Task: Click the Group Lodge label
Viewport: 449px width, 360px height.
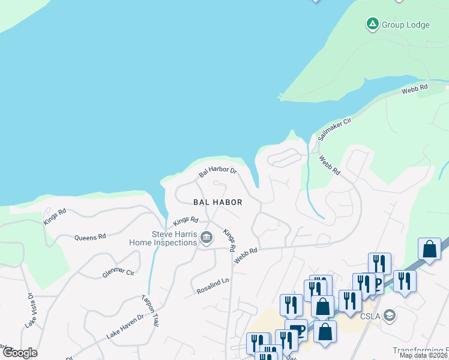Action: point(406,25)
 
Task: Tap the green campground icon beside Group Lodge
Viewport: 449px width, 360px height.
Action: point(372,24)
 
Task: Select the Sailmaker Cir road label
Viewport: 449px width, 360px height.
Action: point(334,129)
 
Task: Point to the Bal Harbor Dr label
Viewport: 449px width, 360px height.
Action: point(218,172)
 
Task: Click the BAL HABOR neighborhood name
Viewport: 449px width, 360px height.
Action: point(217,202)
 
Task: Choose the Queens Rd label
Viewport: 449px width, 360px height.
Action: point(90,237)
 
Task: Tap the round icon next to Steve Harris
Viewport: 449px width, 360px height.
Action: point(206,238)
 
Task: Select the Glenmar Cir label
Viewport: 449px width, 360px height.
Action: point(117,272)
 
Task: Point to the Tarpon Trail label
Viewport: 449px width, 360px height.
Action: point(150,310)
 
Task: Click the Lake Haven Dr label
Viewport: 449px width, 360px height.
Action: point(125,326)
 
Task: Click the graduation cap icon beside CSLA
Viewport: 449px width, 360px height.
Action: point(390,315)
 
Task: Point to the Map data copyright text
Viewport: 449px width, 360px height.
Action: point(423,355)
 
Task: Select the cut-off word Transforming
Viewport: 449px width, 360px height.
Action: point(420,350)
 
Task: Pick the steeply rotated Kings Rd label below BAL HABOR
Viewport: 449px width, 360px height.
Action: point(229,239)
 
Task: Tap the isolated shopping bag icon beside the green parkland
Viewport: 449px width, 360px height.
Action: point(430,248)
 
